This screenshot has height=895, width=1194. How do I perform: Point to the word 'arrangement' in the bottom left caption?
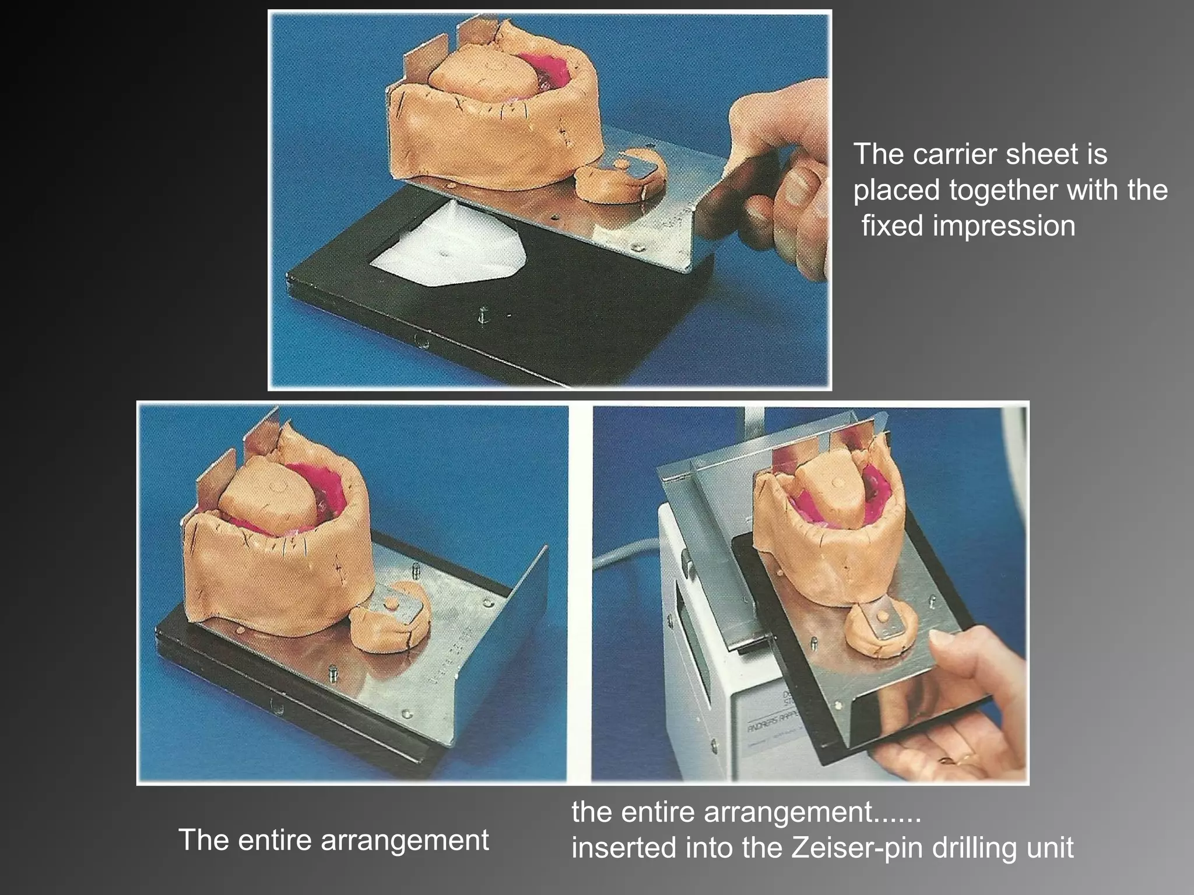[405, 840]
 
